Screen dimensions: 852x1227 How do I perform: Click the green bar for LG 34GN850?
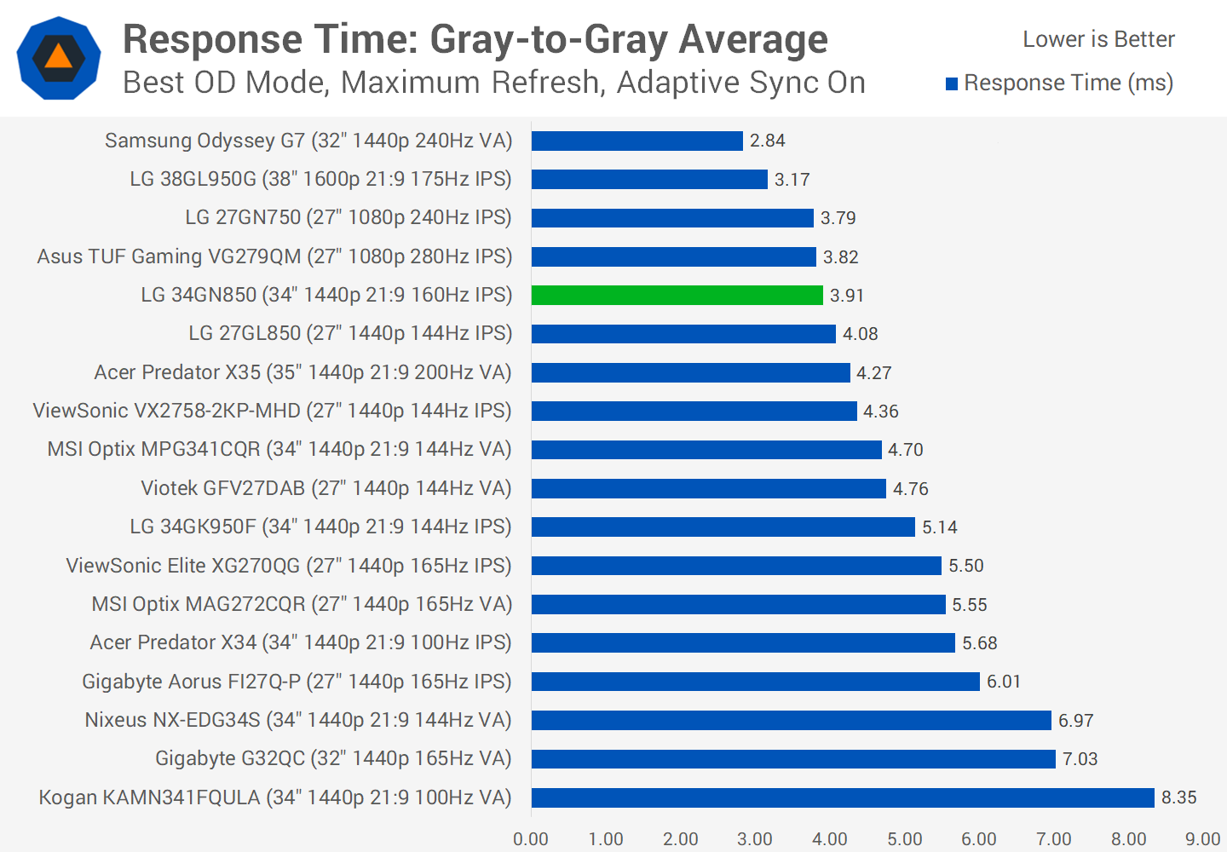click(677, 295)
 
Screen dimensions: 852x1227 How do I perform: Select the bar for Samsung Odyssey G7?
click(637, 141)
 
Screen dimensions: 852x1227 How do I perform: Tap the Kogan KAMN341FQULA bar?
click(842, 797)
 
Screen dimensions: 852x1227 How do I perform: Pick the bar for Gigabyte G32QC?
click(792, 758)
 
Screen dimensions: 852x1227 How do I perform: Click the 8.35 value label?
click(1178, 797)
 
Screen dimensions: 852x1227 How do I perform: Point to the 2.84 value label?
click(767, 141)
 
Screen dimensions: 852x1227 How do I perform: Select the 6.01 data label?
click(1003, 682)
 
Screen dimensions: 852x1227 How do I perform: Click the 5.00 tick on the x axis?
click(904, 839)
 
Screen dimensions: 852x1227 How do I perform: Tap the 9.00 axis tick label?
click(1202, 839)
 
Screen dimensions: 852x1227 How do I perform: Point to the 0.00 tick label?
click(531, 839)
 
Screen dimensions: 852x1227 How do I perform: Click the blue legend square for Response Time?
click(952, 83)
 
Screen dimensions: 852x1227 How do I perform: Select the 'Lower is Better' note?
click(1098, 39)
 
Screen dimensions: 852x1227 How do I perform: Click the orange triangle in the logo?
click(58, 57)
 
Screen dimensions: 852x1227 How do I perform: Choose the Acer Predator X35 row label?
click(302, 372)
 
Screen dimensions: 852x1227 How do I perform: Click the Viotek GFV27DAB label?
click(325, 488)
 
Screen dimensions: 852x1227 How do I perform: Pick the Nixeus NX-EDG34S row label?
click(297, 720)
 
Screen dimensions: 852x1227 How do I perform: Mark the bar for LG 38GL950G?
click(649, 179)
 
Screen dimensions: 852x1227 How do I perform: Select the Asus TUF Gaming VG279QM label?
click(274, 256)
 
